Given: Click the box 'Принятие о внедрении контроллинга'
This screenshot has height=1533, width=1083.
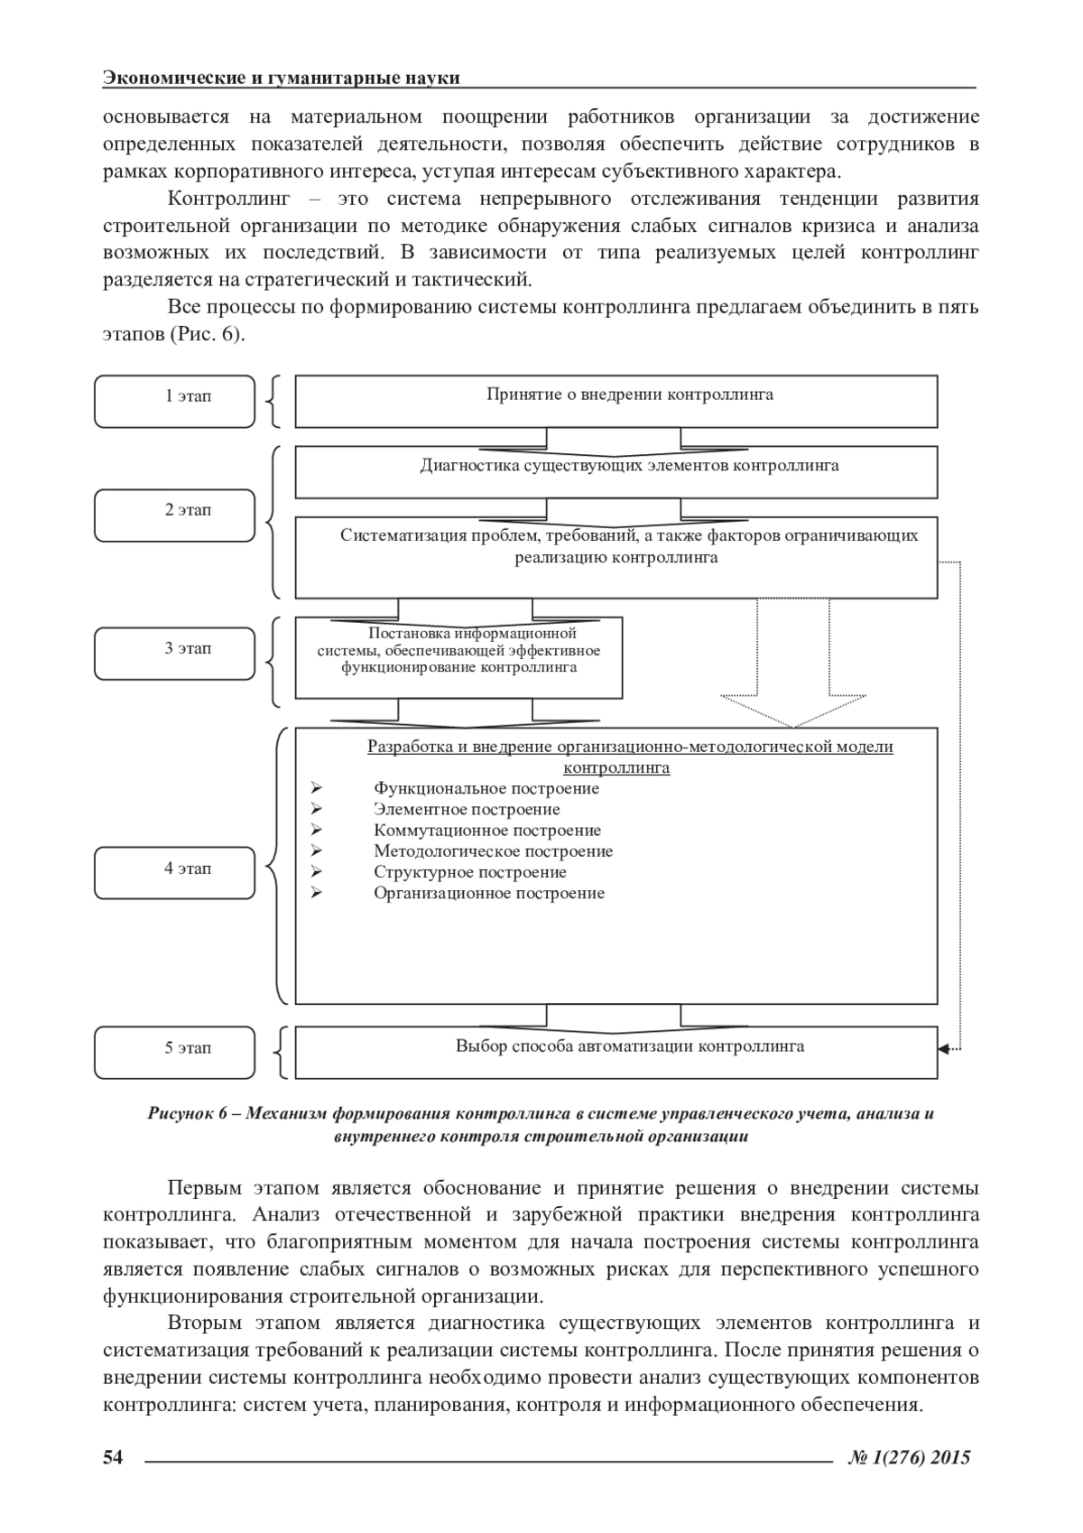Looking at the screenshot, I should pos(616,402).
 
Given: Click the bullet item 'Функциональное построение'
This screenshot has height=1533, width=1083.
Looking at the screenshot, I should pos(486,789).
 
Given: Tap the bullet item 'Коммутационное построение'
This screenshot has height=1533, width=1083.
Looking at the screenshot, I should pos(487,831).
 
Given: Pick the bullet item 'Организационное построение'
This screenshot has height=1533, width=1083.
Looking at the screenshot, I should pos(489,894).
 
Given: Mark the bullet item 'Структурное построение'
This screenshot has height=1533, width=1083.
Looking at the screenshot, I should pos(470,873).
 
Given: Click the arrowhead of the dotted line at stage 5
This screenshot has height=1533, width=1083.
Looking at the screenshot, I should pos(944,1049).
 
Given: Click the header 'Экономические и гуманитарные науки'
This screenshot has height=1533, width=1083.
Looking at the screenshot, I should pos(282,78).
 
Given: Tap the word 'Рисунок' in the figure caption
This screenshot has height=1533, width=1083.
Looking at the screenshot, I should pos(179,1114).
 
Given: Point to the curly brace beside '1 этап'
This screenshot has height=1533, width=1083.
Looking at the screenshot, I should pos(273,402).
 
